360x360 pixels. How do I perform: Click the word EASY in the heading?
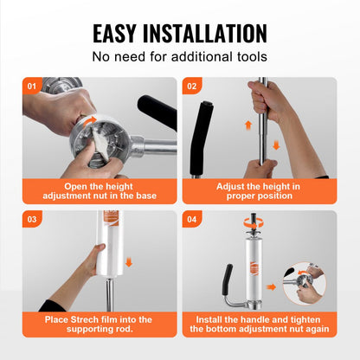click(x=114, y=34)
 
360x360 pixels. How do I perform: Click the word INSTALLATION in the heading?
click(x=205, y=34)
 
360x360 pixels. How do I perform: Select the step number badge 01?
click(x=32, y=86)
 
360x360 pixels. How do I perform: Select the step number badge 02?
click(x=191, y=86)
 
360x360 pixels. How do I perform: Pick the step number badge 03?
click(x=32, y=219)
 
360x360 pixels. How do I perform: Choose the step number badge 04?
click(x=191, y=219)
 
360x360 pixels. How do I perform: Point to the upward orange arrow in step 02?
click(x=248, y=125)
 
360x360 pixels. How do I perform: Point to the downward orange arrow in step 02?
click(x=276, y=145)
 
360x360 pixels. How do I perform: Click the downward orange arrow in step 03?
click(x=129, y=262)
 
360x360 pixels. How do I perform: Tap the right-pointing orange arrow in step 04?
click(x=271, y=287)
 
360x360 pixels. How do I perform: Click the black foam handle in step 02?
click(x=201, y=138)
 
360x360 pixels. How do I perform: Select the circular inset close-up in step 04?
click(x=304, y=283)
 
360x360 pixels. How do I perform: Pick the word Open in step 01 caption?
click(x=73, y=186)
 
